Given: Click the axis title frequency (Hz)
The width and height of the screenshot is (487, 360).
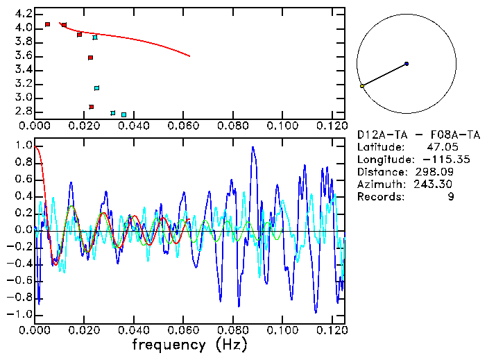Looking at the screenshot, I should tap(189, 344).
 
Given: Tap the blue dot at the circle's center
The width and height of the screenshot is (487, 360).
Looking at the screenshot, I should tap(407, 64).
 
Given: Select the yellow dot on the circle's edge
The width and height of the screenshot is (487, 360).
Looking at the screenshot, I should tap(362, 86).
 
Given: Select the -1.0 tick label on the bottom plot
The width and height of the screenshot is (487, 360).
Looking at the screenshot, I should tap(21, 314).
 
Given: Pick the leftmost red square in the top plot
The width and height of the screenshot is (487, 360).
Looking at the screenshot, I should tap(47, 24).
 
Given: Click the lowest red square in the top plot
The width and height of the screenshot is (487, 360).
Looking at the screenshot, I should tap(92, 107).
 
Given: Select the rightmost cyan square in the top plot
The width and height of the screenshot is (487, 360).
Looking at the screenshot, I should tap(123, 114).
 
